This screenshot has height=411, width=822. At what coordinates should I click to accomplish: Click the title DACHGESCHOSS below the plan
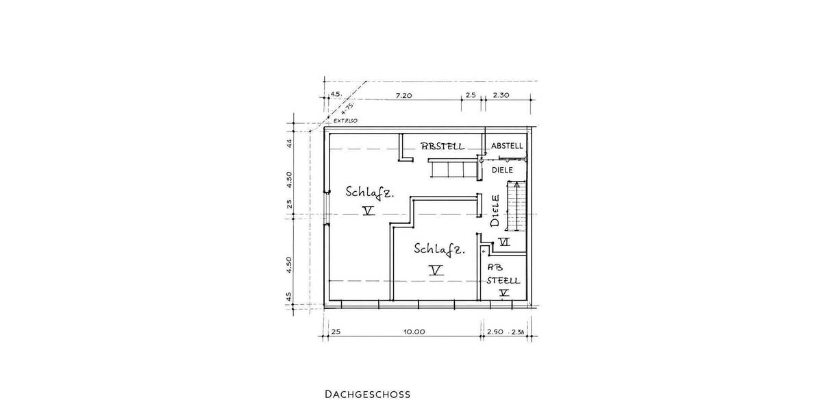[x=367, y=395]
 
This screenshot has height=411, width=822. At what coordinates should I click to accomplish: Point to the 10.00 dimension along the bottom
[x=414, y=332]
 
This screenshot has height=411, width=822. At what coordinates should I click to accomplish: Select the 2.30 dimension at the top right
[x=501, y=96]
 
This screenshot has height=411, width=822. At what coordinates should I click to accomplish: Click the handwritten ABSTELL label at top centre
[x=443, y=146]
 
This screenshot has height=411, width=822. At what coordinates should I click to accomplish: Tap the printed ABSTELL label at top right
[x=507, y=146]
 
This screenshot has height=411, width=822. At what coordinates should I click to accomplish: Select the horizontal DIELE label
[x=503, y=169]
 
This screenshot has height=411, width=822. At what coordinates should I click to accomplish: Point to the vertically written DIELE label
[x=495, y=212]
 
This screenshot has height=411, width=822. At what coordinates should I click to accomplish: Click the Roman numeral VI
[x=504, y=241]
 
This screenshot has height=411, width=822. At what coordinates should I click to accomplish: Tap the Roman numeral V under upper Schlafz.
[x=369, y=212]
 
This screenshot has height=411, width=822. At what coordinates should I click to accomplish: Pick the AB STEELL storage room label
[x=503, y=274]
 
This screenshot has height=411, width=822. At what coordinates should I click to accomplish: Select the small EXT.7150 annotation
[x=347, y=121]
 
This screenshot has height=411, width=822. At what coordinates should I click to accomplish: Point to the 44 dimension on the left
[x=290, y=143]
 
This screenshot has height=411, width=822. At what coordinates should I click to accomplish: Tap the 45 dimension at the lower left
[x=290, y=297]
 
